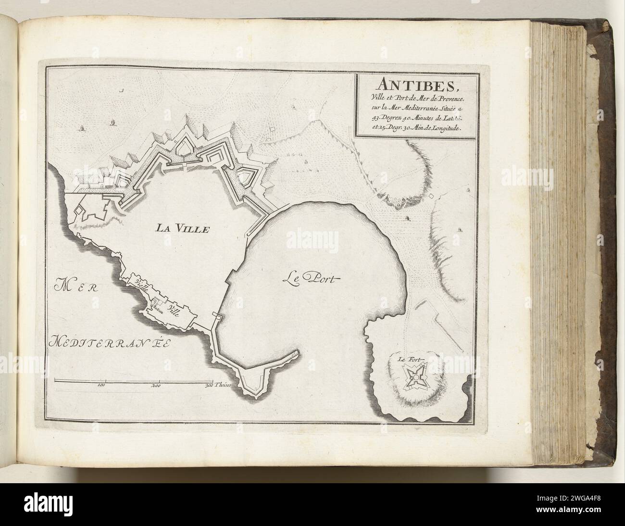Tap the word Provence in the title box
(444, 98)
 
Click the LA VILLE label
(182, 229)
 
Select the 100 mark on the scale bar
(101, 385)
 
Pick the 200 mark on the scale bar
(155, 385)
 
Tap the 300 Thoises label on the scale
(219, 385)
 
